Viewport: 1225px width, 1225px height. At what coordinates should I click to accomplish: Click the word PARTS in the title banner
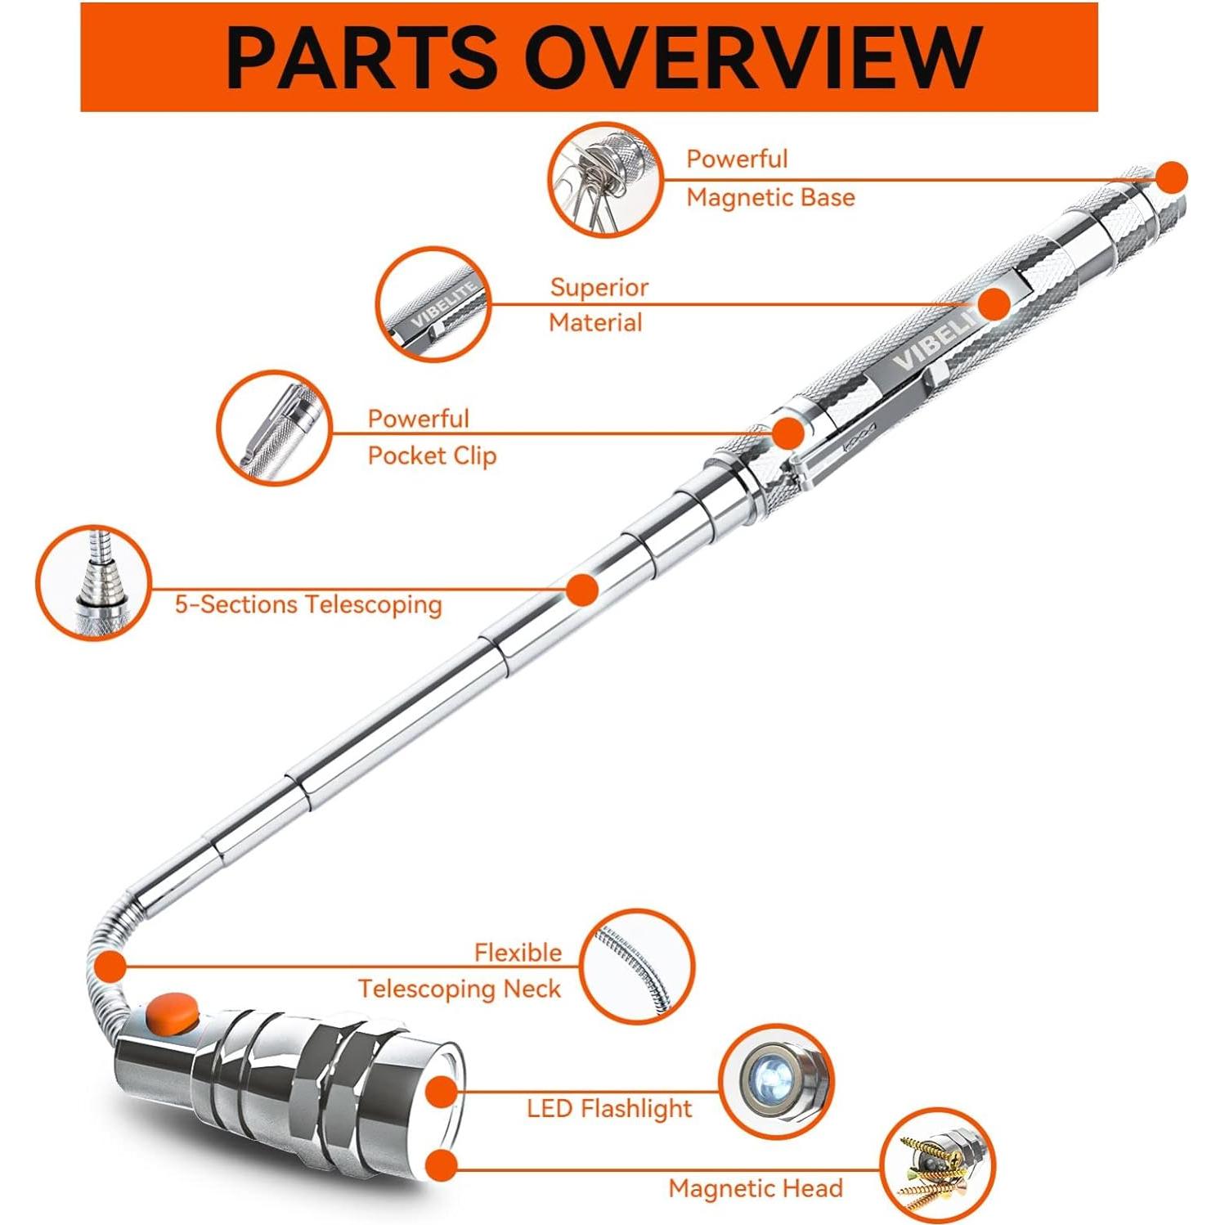click(360, 57)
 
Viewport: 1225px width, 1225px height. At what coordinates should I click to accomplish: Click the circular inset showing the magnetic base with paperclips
click(605, 180)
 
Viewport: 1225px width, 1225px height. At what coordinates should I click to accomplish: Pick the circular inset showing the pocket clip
click(275, 428)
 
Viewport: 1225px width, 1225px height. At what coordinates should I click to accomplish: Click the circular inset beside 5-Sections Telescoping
click(94, 582)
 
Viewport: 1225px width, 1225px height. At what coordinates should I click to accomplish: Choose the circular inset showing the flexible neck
click(637, 967)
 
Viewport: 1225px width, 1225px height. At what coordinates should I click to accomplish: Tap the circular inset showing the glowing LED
click(775, 1081)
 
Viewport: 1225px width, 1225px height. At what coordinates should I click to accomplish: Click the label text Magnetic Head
click(755, 1188)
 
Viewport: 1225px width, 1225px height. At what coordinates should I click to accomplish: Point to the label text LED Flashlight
click(609, 1109)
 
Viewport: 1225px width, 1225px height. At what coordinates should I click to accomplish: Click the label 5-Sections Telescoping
click(308, 604)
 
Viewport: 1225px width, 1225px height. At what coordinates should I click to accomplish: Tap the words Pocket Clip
click(432, 455)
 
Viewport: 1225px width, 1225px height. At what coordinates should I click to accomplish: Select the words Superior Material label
click(598, 305)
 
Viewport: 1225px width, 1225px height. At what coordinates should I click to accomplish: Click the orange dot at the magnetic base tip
click(1172, 177)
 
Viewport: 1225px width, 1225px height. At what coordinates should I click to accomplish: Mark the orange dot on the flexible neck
click(110, 966)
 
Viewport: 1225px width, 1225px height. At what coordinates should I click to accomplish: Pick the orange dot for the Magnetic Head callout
click(442, 1164)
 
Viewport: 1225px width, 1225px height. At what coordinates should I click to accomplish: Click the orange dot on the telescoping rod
click(582, 590)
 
